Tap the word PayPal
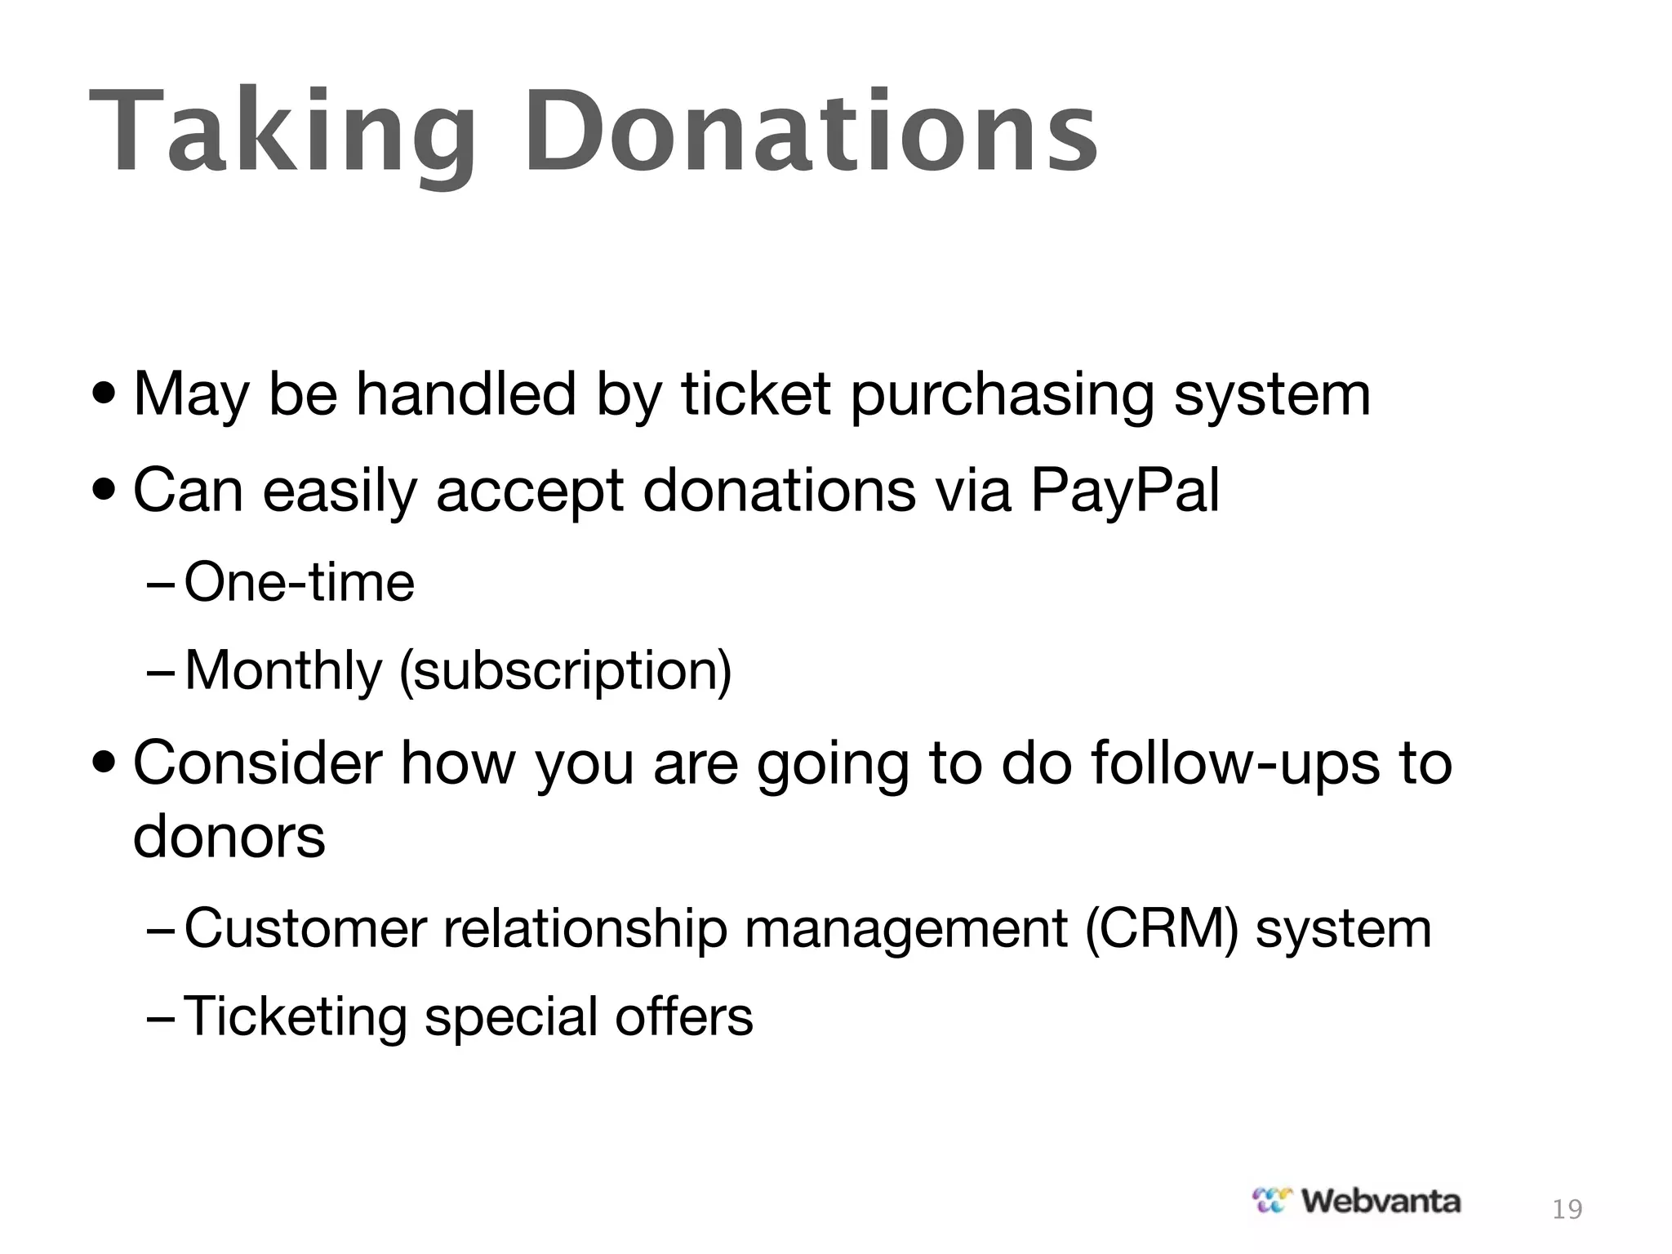(x=1124, y=491)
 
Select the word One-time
(x=300, y=583)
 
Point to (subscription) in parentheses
(x=565, y=671)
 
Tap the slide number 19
(x=1567, y=1209)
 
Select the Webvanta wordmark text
(x=1380, y=1201)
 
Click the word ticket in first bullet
(x=756, y=395)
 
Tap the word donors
(x=229, y=837)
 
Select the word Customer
(x=305, y=929)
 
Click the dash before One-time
(x=160, y=585)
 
